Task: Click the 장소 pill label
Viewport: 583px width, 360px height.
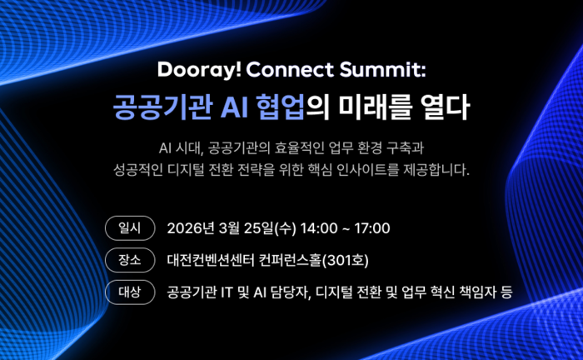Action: click(131, 260)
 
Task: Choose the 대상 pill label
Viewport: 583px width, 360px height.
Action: click(131, 292)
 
